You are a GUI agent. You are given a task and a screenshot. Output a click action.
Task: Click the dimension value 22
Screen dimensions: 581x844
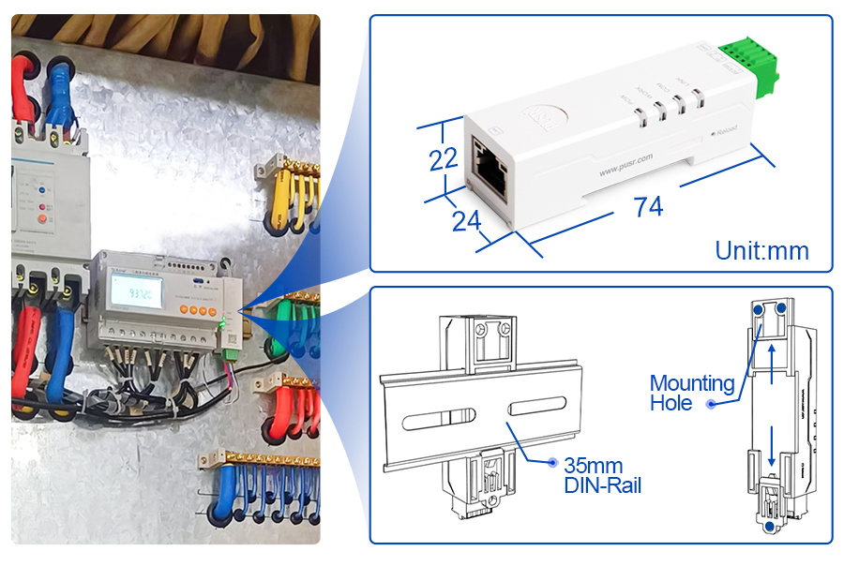444,158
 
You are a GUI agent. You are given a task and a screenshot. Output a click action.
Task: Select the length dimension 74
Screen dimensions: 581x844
648,206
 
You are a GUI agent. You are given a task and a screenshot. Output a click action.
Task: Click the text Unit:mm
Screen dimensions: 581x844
761,250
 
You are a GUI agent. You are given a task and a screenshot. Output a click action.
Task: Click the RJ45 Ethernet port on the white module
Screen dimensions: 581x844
488,166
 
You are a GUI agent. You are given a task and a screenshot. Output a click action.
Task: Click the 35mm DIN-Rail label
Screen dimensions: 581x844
602,475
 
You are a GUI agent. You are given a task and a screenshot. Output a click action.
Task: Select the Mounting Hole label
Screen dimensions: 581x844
692,393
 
